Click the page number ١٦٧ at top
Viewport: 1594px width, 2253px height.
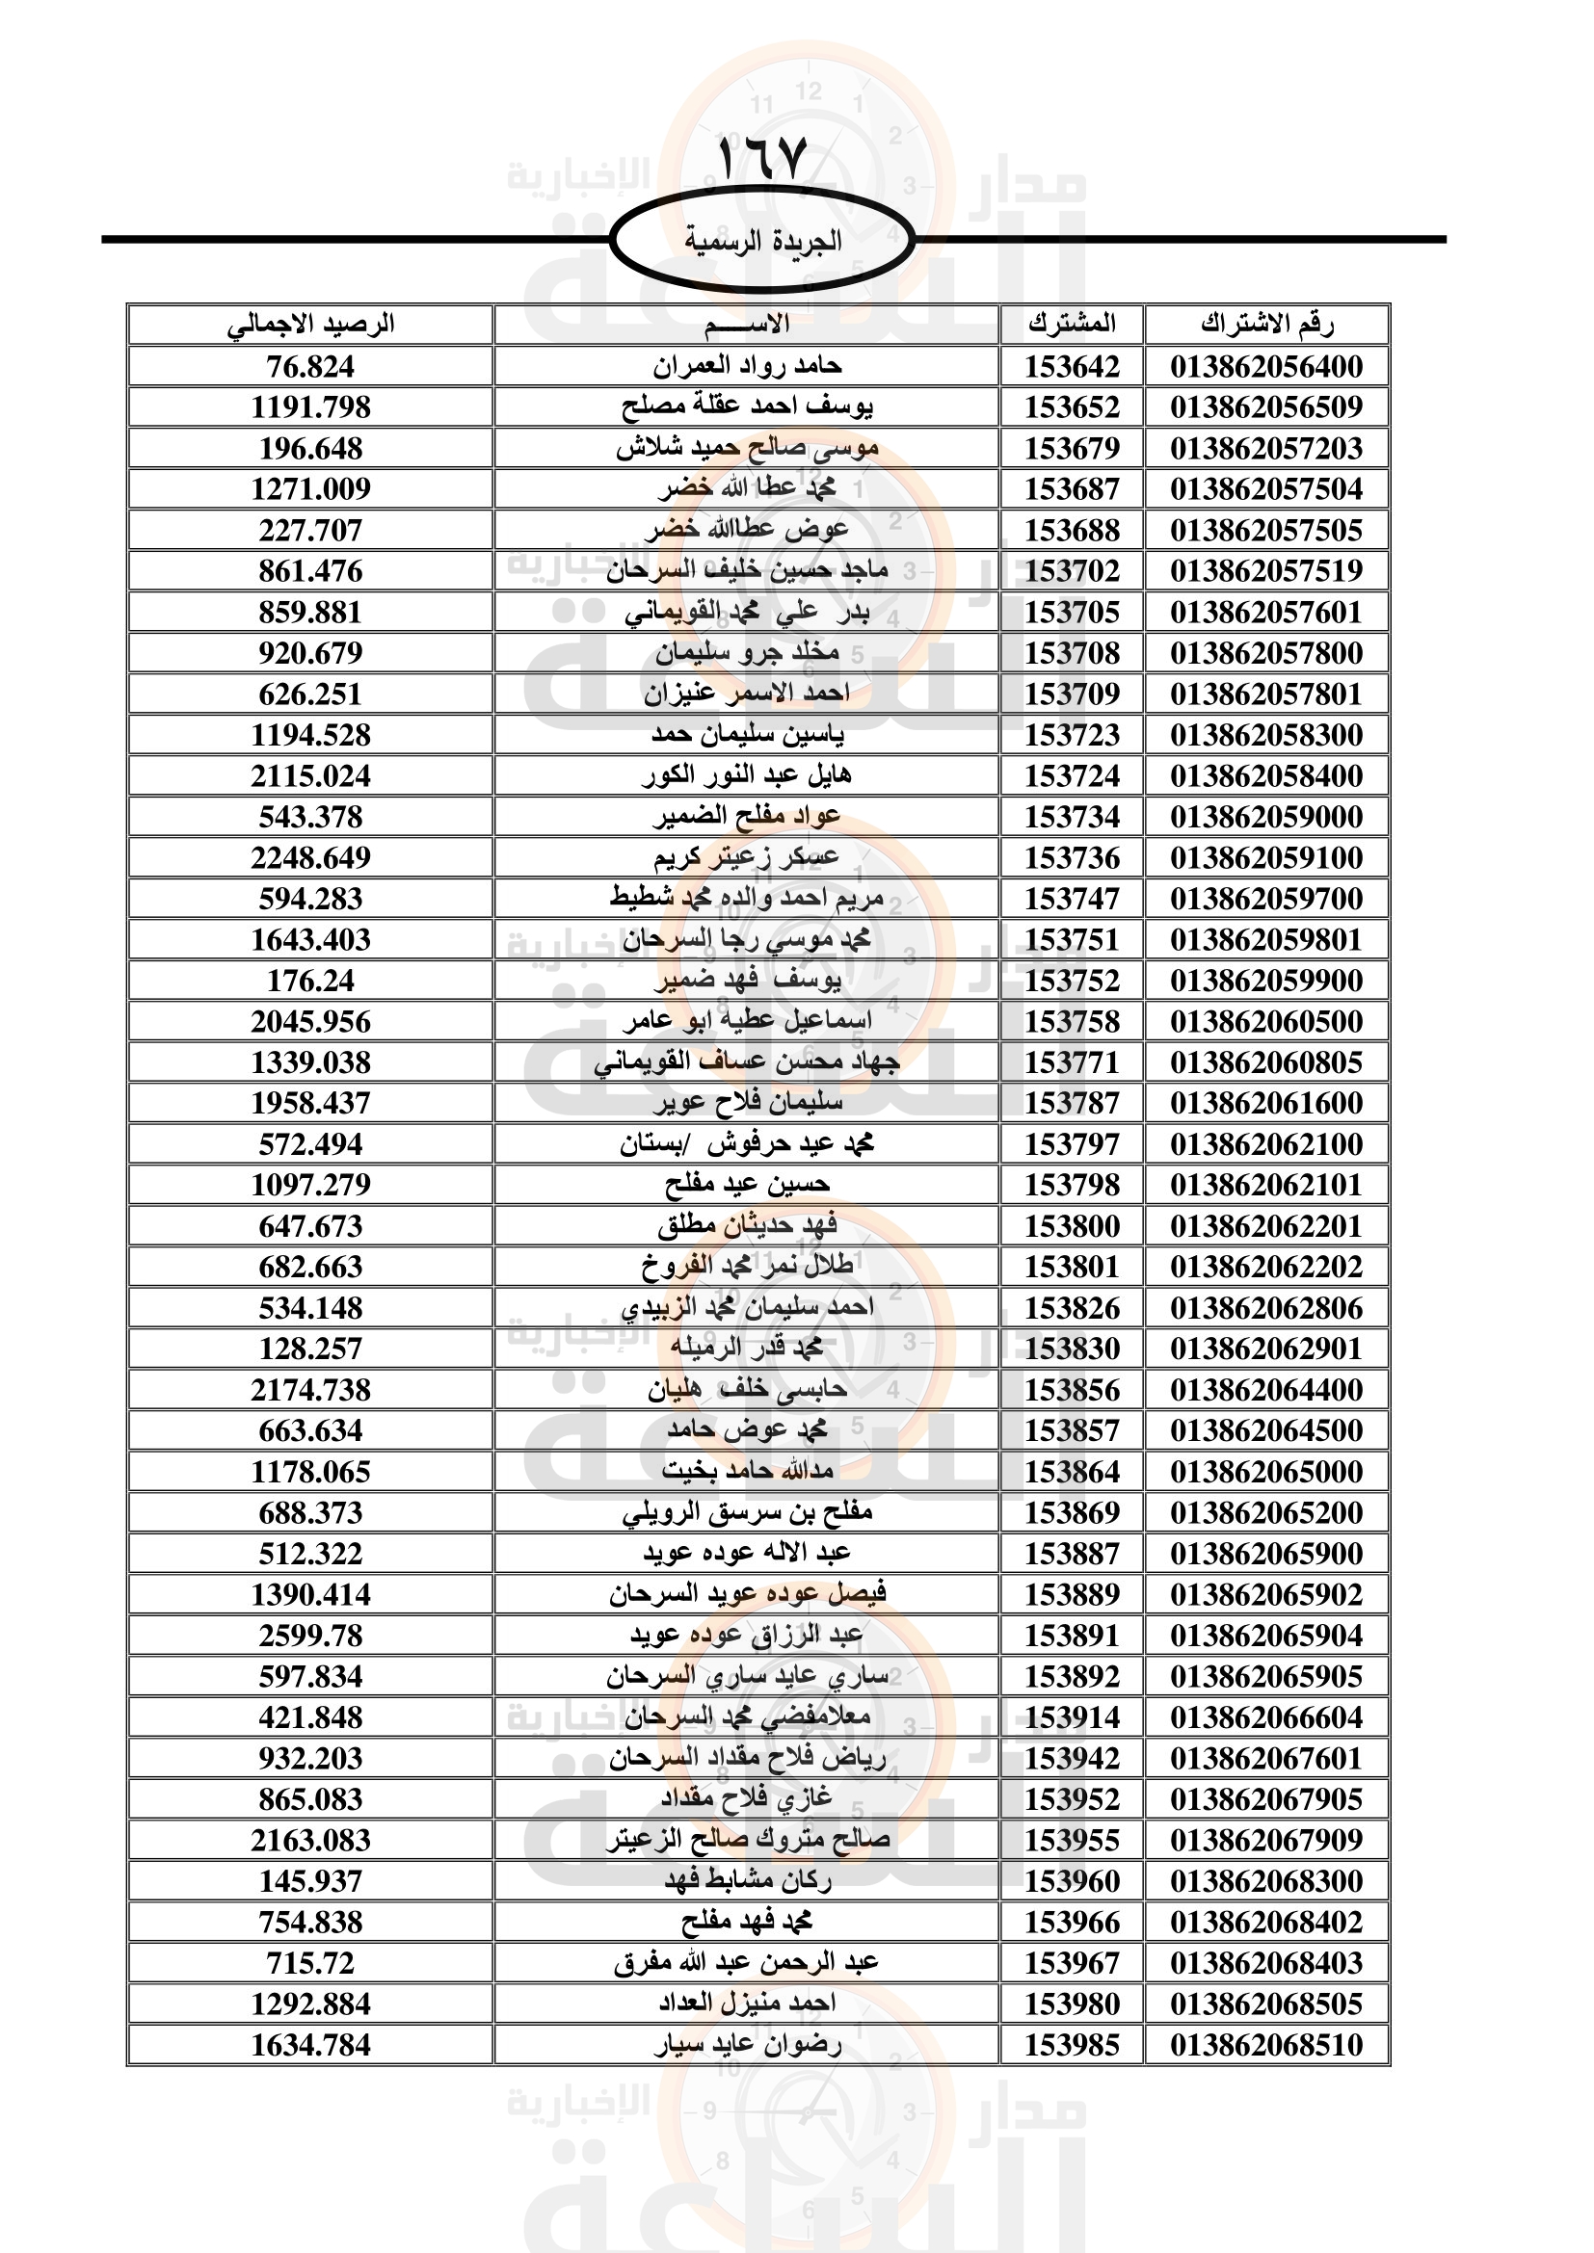(762, 157)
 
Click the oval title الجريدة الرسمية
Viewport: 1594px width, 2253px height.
(762, 241)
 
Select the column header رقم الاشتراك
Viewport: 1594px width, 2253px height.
(1266, 324)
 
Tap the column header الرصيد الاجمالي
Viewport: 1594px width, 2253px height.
(310, 324)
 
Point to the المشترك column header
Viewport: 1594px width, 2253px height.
(1072, 324)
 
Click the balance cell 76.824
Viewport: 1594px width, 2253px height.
(310, 367)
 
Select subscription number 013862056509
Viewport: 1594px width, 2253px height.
(1266, 407)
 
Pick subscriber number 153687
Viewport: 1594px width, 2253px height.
(1072, 489)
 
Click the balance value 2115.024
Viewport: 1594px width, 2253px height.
(310, 776)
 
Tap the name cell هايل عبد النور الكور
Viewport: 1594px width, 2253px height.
(746, 776)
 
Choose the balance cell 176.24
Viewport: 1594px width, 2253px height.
(310, 982)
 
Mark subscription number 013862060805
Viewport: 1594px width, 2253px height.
(1266, 1062)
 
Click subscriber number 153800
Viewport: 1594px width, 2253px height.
(1072, 1226)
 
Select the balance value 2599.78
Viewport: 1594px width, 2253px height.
(310, 1636)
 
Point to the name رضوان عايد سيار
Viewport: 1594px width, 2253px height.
(746, 2045)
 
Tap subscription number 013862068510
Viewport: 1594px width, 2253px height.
(1266, 2045)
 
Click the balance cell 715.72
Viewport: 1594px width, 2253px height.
(310, 1963)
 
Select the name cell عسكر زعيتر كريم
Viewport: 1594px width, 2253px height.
(746, 857)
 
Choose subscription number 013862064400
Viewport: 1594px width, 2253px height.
(1266, 1391)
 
